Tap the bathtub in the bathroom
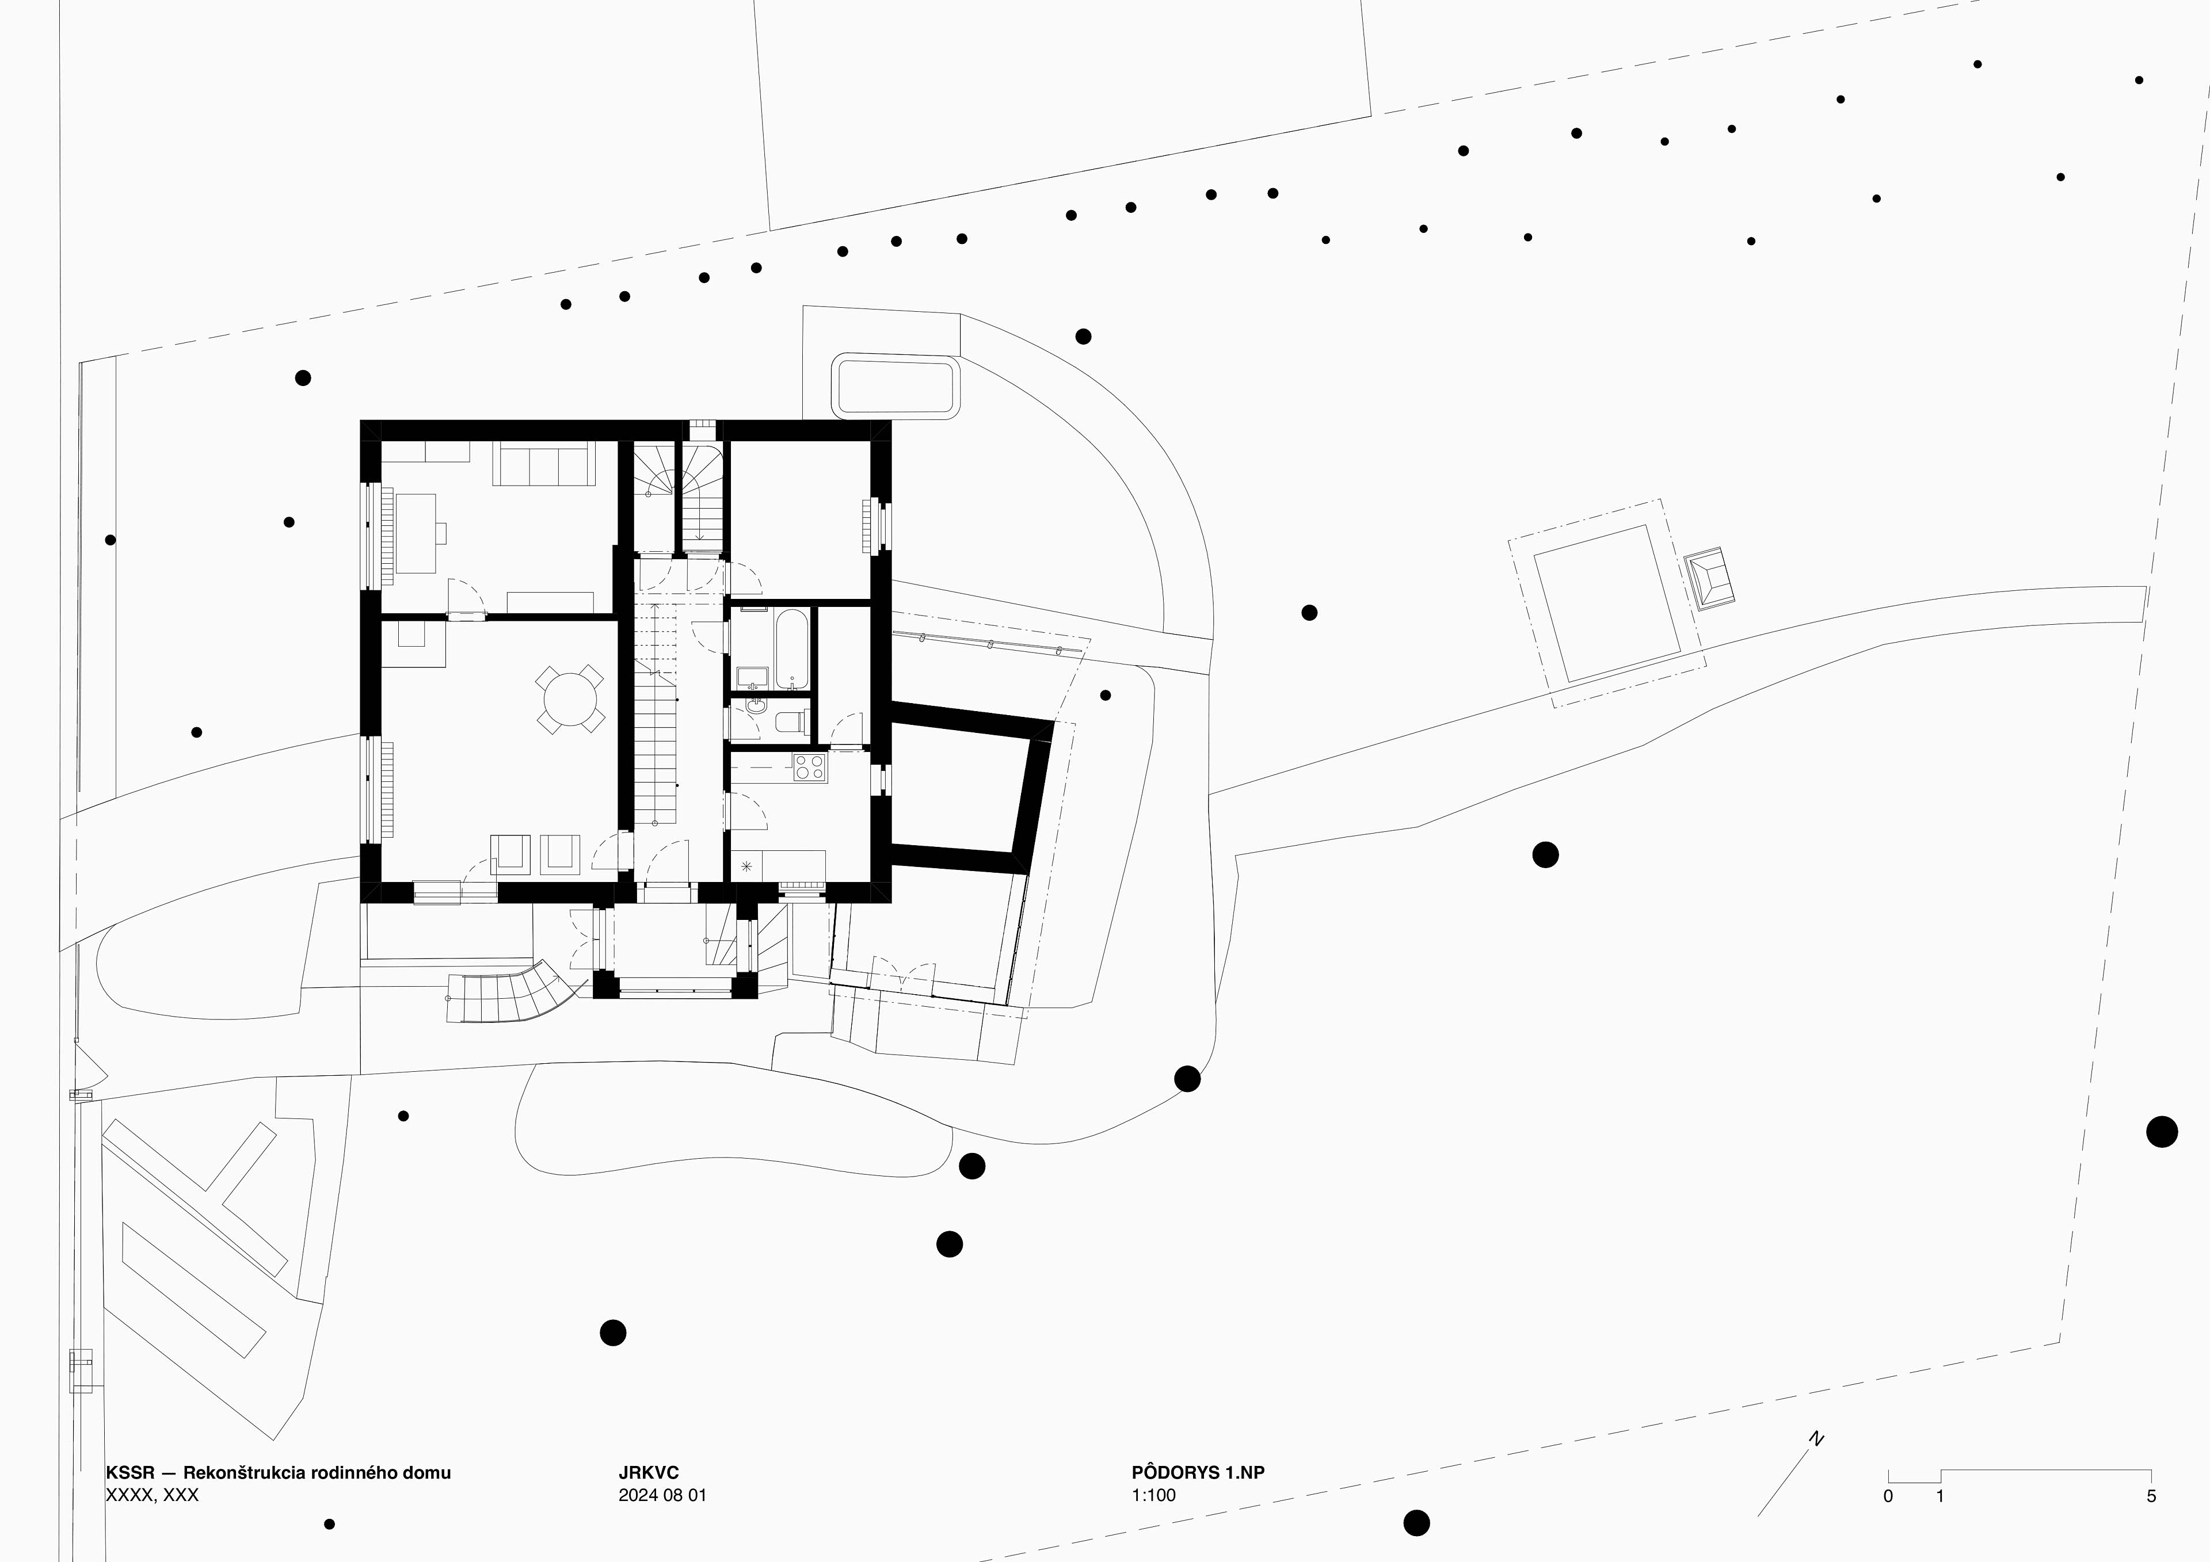tap(792, 648)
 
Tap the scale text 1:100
tap(1153, 1495)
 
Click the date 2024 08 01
tap(662, 1495)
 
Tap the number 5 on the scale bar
tap(2151, 1496)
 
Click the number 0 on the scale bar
tap(1888, 1496)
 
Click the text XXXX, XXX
tap(152, 1495)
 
